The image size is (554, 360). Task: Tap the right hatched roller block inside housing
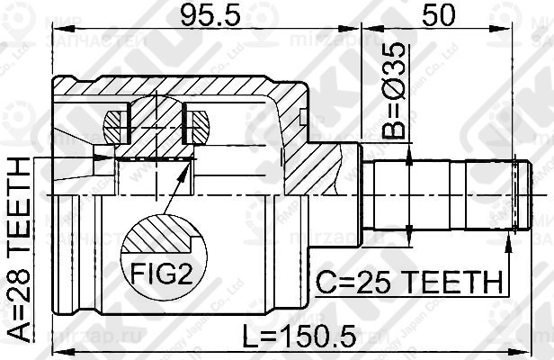(x=198, y=125)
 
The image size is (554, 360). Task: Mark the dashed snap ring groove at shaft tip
(x=514, y=194)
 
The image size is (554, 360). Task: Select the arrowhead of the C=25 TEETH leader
(x=511, y=236)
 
